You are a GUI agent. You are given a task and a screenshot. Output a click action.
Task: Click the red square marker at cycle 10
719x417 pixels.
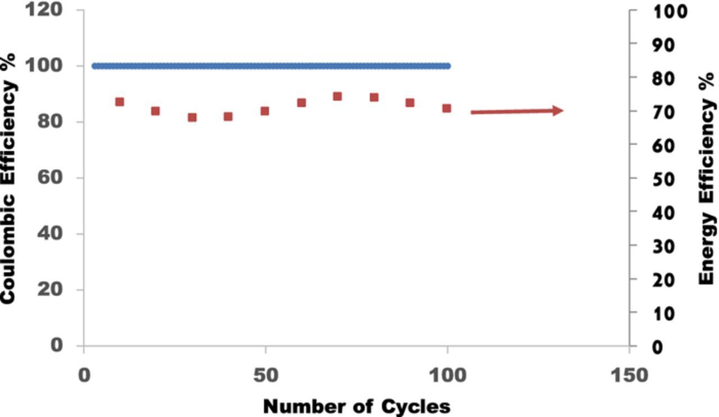119,102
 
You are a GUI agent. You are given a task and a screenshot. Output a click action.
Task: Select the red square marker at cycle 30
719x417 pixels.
192,117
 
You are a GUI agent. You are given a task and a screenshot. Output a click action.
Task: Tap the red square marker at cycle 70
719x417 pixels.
337,96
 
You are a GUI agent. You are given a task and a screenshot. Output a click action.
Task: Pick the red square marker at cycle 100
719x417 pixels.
447,108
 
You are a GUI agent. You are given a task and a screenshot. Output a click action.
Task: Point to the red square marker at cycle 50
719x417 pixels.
265,111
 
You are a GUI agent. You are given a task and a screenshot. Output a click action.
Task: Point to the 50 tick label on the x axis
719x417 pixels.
265,375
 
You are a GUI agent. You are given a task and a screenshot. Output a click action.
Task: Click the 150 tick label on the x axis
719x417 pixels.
629,375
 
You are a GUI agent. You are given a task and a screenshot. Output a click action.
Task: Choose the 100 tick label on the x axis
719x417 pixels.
447,375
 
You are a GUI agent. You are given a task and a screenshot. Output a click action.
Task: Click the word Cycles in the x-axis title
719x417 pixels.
416,406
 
